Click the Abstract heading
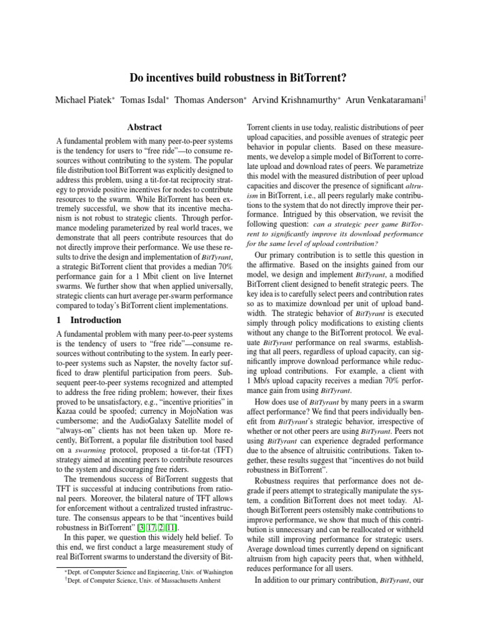pyautogui.click(x=144, y=127)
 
